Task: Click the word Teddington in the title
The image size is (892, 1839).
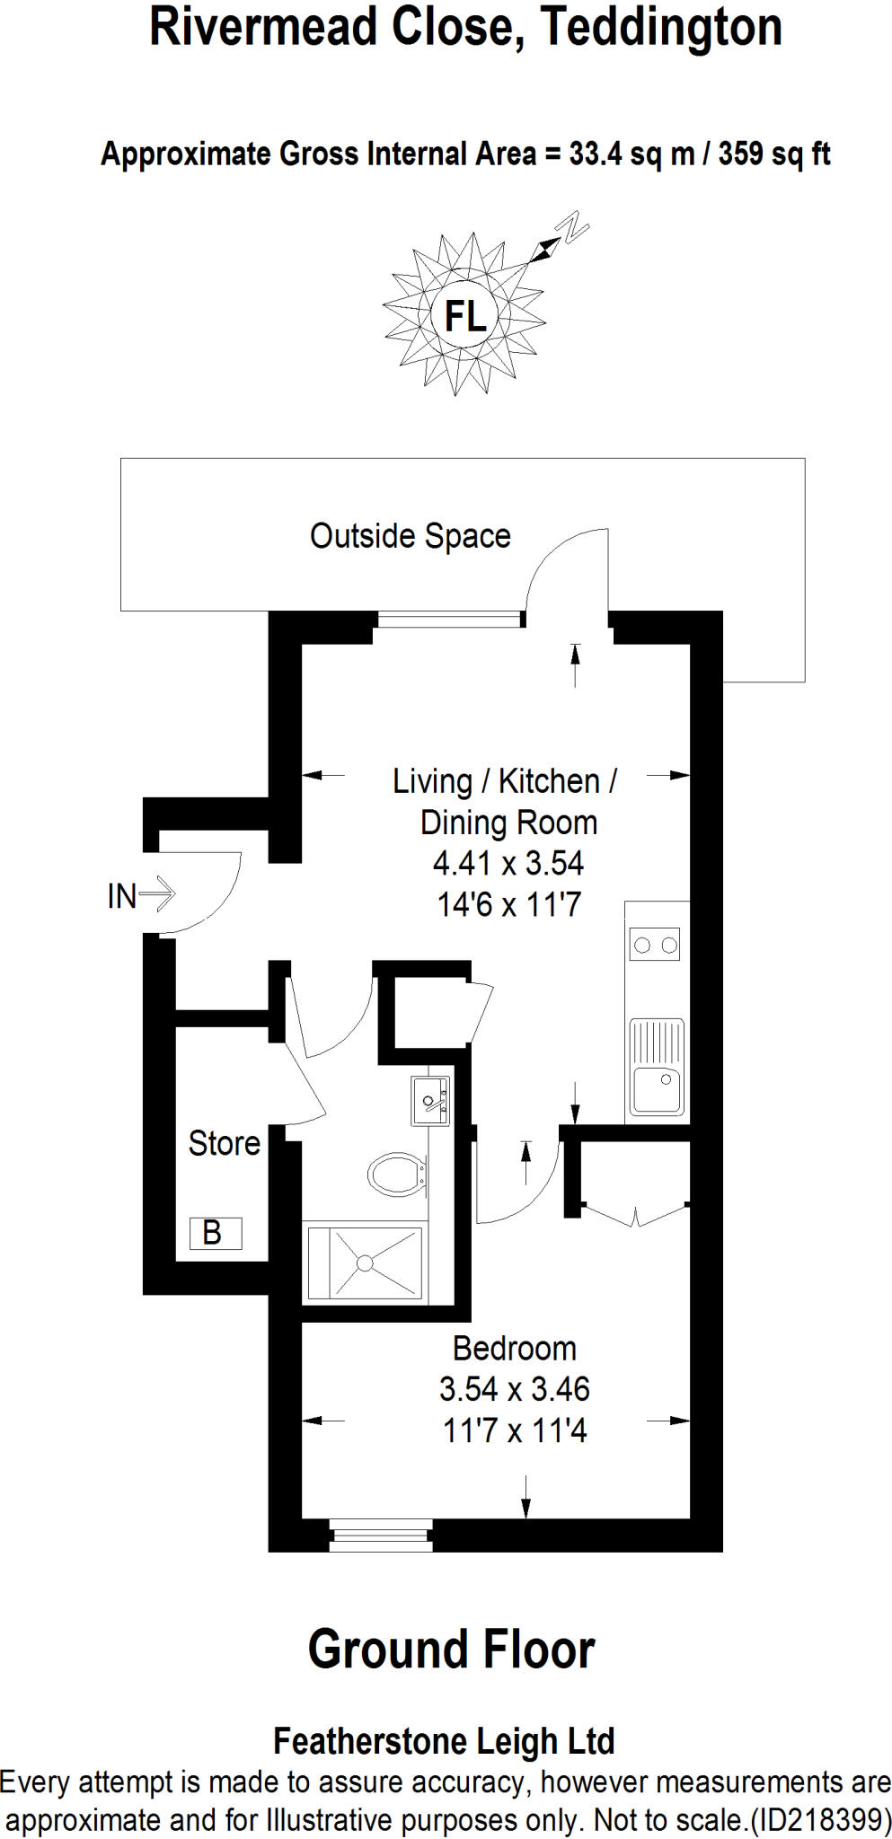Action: click(662, 27)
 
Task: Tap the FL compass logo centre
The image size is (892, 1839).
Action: click(464, 316)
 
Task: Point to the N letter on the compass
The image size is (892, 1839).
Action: click(572, 228)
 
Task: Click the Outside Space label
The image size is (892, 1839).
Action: click(410, 536)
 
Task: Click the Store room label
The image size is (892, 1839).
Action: click(224, 1143)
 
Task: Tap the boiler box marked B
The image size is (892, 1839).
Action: click(215, 1233)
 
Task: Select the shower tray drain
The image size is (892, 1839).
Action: click(365, 1263)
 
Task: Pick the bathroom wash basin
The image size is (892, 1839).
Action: click(430, 1100)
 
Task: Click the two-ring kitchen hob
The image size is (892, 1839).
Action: click(655, 945)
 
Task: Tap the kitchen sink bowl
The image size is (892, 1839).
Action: click(656, 1088)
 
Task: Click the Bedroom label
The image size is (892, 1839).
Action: click(514, 1349)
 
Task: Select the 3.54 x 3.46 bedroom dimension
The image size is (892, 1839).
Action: click(514, 1389)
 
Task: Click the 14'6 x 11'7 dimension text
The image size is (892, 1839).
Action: click(508, 904)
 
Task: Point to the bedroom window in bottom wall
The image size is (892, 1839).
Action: click(381, 1535)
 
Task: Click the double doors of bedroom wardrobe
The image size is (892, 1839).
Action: click(635, 1215)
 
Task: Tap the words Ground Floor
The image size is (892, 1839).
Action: click(451, 1650)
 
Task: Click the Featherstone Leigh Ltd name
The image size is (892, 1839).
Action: click(444, 1741)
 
